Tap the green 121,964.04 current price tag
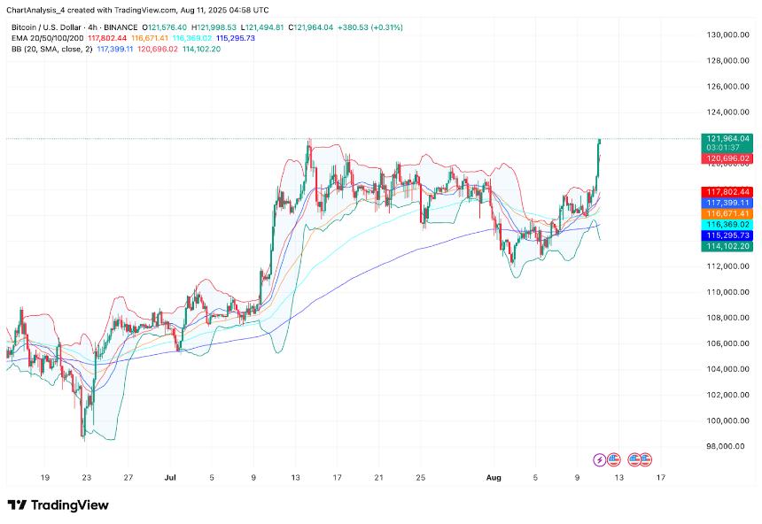727,139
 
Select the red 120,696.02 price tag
727,158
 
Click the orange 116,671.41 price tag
727,214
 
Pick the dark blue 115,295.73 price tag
727,236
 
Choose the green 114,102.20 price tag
727,248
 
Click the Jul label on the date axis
169,477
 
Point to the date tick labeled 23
86,477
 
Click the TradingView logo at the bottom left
58,505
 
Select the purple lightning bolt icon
601,459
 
